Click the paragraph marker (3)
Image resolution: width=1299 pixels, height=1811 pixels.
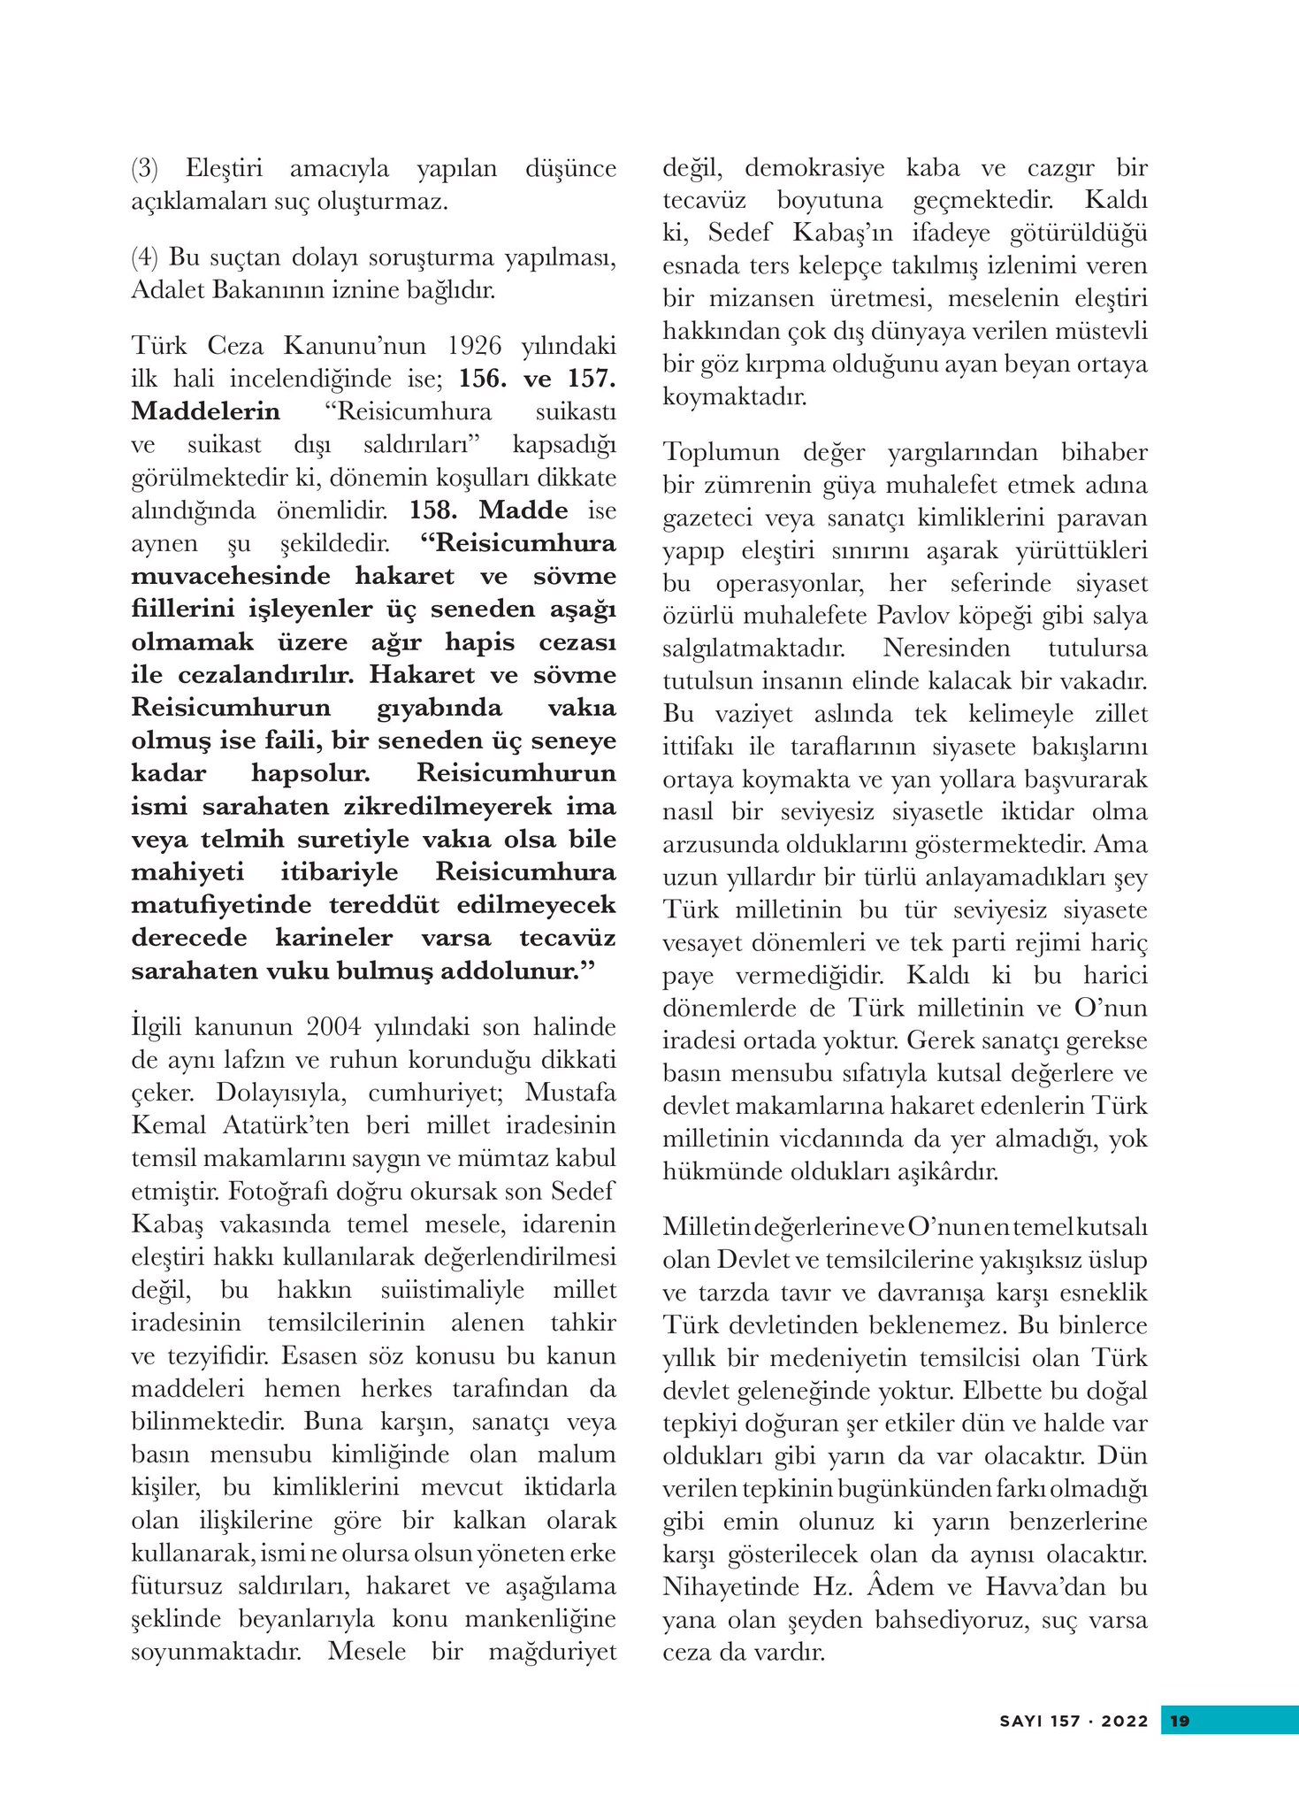click(144, 169)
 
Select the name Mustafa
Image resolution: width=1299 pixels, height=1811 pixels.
click(570, 1093)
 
